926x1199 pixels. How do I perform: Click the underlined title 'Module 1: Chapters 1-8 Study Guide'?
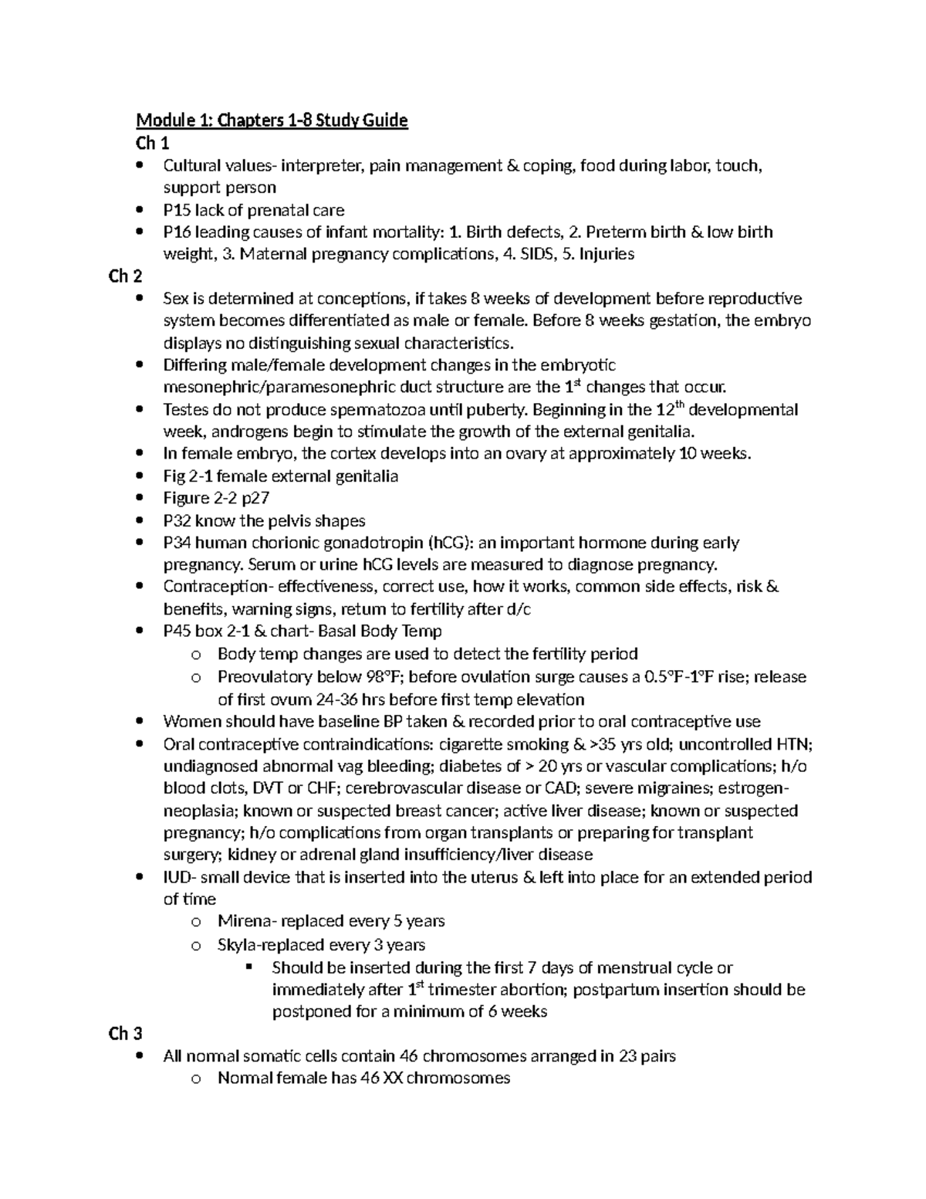pos(272,120)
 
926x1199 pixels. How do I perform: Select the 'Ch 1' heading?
pos(152,143)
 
